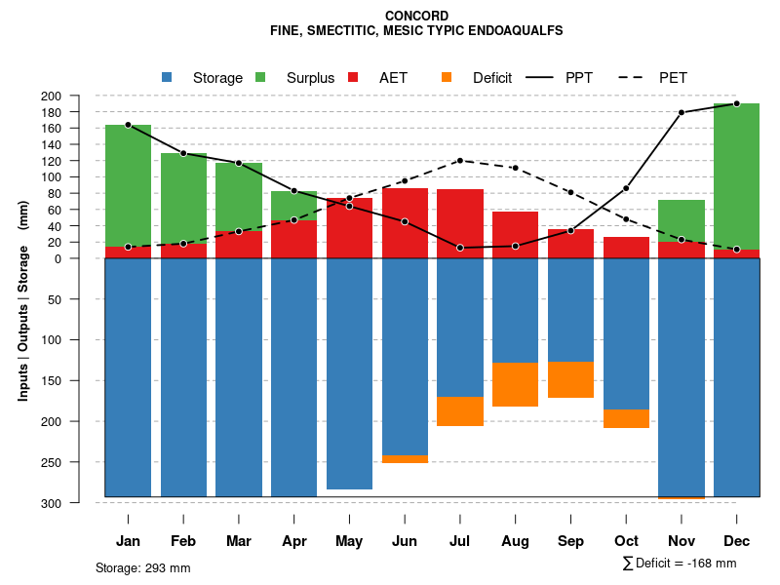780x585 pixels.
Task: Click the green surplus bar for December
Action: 736,175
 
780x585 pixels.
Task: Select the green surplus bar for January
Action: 128,185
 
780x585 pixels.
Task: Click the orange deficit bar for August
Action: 515,384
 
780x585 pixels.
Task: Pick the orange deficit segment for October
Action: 626,418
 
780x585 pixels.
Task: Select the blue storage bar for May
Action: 349,373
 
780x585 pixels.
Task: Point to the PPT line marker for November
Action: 682,112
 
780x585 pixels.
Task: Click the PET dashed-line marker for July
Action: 460,160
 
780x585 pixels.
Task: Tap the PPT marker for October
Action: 626,188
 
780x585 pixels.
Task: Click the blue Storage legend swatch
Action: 167,78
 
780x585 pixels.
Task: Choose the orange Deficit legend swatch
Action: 447,78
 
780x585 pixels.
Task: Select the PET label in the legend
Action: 673,78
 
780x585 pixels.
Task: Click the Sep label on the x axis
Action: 570,541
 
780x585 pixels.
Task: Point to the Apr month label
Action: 293,541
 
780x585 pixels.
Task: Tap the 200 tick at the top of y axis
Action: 78,96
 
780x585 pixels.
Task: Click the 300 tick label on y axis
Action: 78,503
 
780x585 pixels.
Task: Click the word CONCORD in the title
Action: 416,16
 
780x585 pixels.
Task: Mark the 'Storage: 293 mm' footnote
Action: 143,567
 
